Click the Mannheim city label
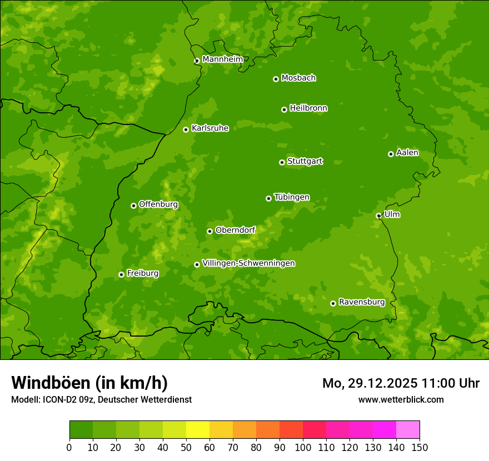222,59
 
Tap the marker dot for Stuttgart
282,162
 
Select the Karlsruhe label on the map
209,128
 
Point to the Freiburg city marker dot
121,274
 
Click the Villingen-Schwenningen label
248,263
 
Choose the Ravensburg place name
361,302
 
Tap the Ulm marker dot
378,216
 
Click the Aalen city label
407,153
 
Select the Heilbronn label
308,108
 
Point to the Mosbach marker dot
276,79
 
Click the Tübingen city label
291,197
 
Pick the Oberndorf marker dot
209,231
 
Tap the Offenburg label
158,204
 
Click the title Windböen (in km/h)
89,383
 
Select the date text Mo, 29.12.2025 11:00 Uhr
401,383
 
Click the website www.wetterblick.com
401,399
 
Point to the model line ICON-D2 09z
101,399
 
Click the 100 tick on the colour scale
303,447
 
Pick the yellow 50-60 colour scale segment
197,429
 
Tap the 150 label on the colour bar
420,447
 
